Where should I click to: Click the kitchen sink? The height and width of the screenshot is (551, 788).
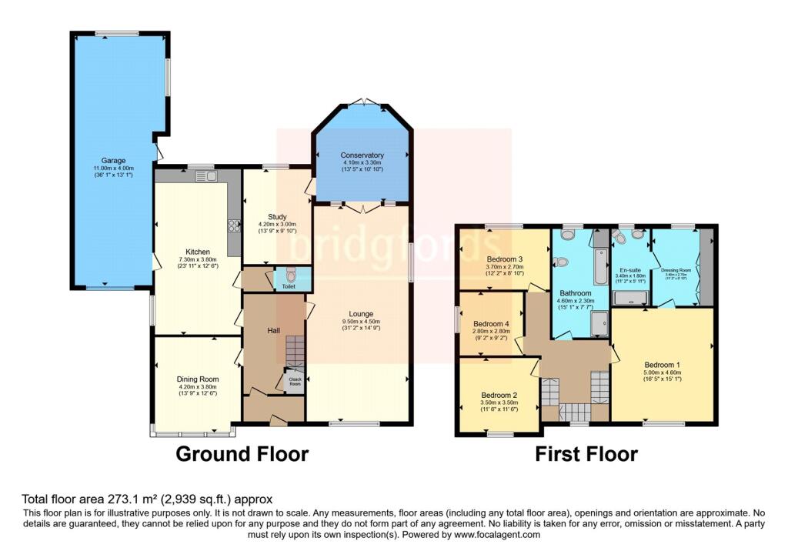(207, 176)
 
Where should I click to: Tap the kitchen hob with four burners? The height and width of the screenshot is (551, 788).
(232, 225)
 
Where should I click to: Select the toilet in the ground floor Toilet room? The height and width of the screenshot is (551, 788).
(289, 275)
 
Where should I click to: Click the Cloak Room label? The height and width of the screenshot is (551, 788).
(294, 380)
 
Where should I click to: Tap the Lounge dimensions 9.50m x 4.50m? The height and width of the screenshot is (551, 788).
(361, 322)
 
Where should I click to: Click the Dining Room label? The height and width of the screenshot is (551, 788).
(198, 379)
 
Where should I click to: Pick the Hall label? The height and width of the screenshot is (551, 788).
(273, 330)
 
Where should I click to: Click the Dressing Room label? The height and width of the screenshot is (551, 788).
(676, 270)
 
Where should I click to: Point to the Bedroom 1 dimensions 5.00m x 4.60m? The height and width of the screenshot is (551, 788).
(663, 372)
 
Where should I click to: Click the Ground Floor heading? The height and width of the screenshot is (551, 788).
(242, 454)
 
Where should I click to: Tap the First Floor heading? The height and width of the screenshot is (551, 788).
(586, 454)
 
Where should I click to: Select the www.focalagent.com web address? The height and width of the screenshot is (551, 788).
(497, 534)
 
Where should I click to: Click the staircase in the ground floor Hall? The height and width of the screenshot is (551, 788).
(295, 351)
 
